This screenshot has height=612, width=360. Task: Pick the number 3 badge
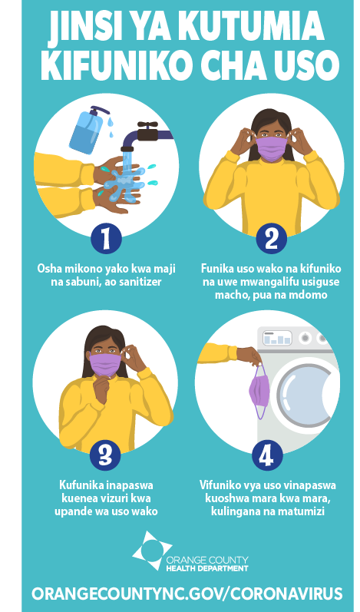pos(105,455)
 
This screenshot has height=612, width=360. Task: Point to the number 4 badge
pos(267,455)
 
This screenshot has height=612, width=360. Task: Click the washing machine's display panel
pos(277,338)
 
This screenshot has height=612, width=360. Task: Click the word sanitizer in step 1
pos(139,282)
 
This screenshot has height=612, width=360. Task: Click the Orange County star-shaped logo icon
pos(151,550)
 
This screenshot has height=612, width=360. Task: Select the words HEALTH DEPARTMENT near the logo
pos(207,568)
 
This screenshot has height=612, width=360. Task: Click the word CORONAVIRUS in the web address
pos(286,594)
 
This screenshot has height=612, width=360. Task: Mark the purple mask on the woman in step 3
pos(105,365)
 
